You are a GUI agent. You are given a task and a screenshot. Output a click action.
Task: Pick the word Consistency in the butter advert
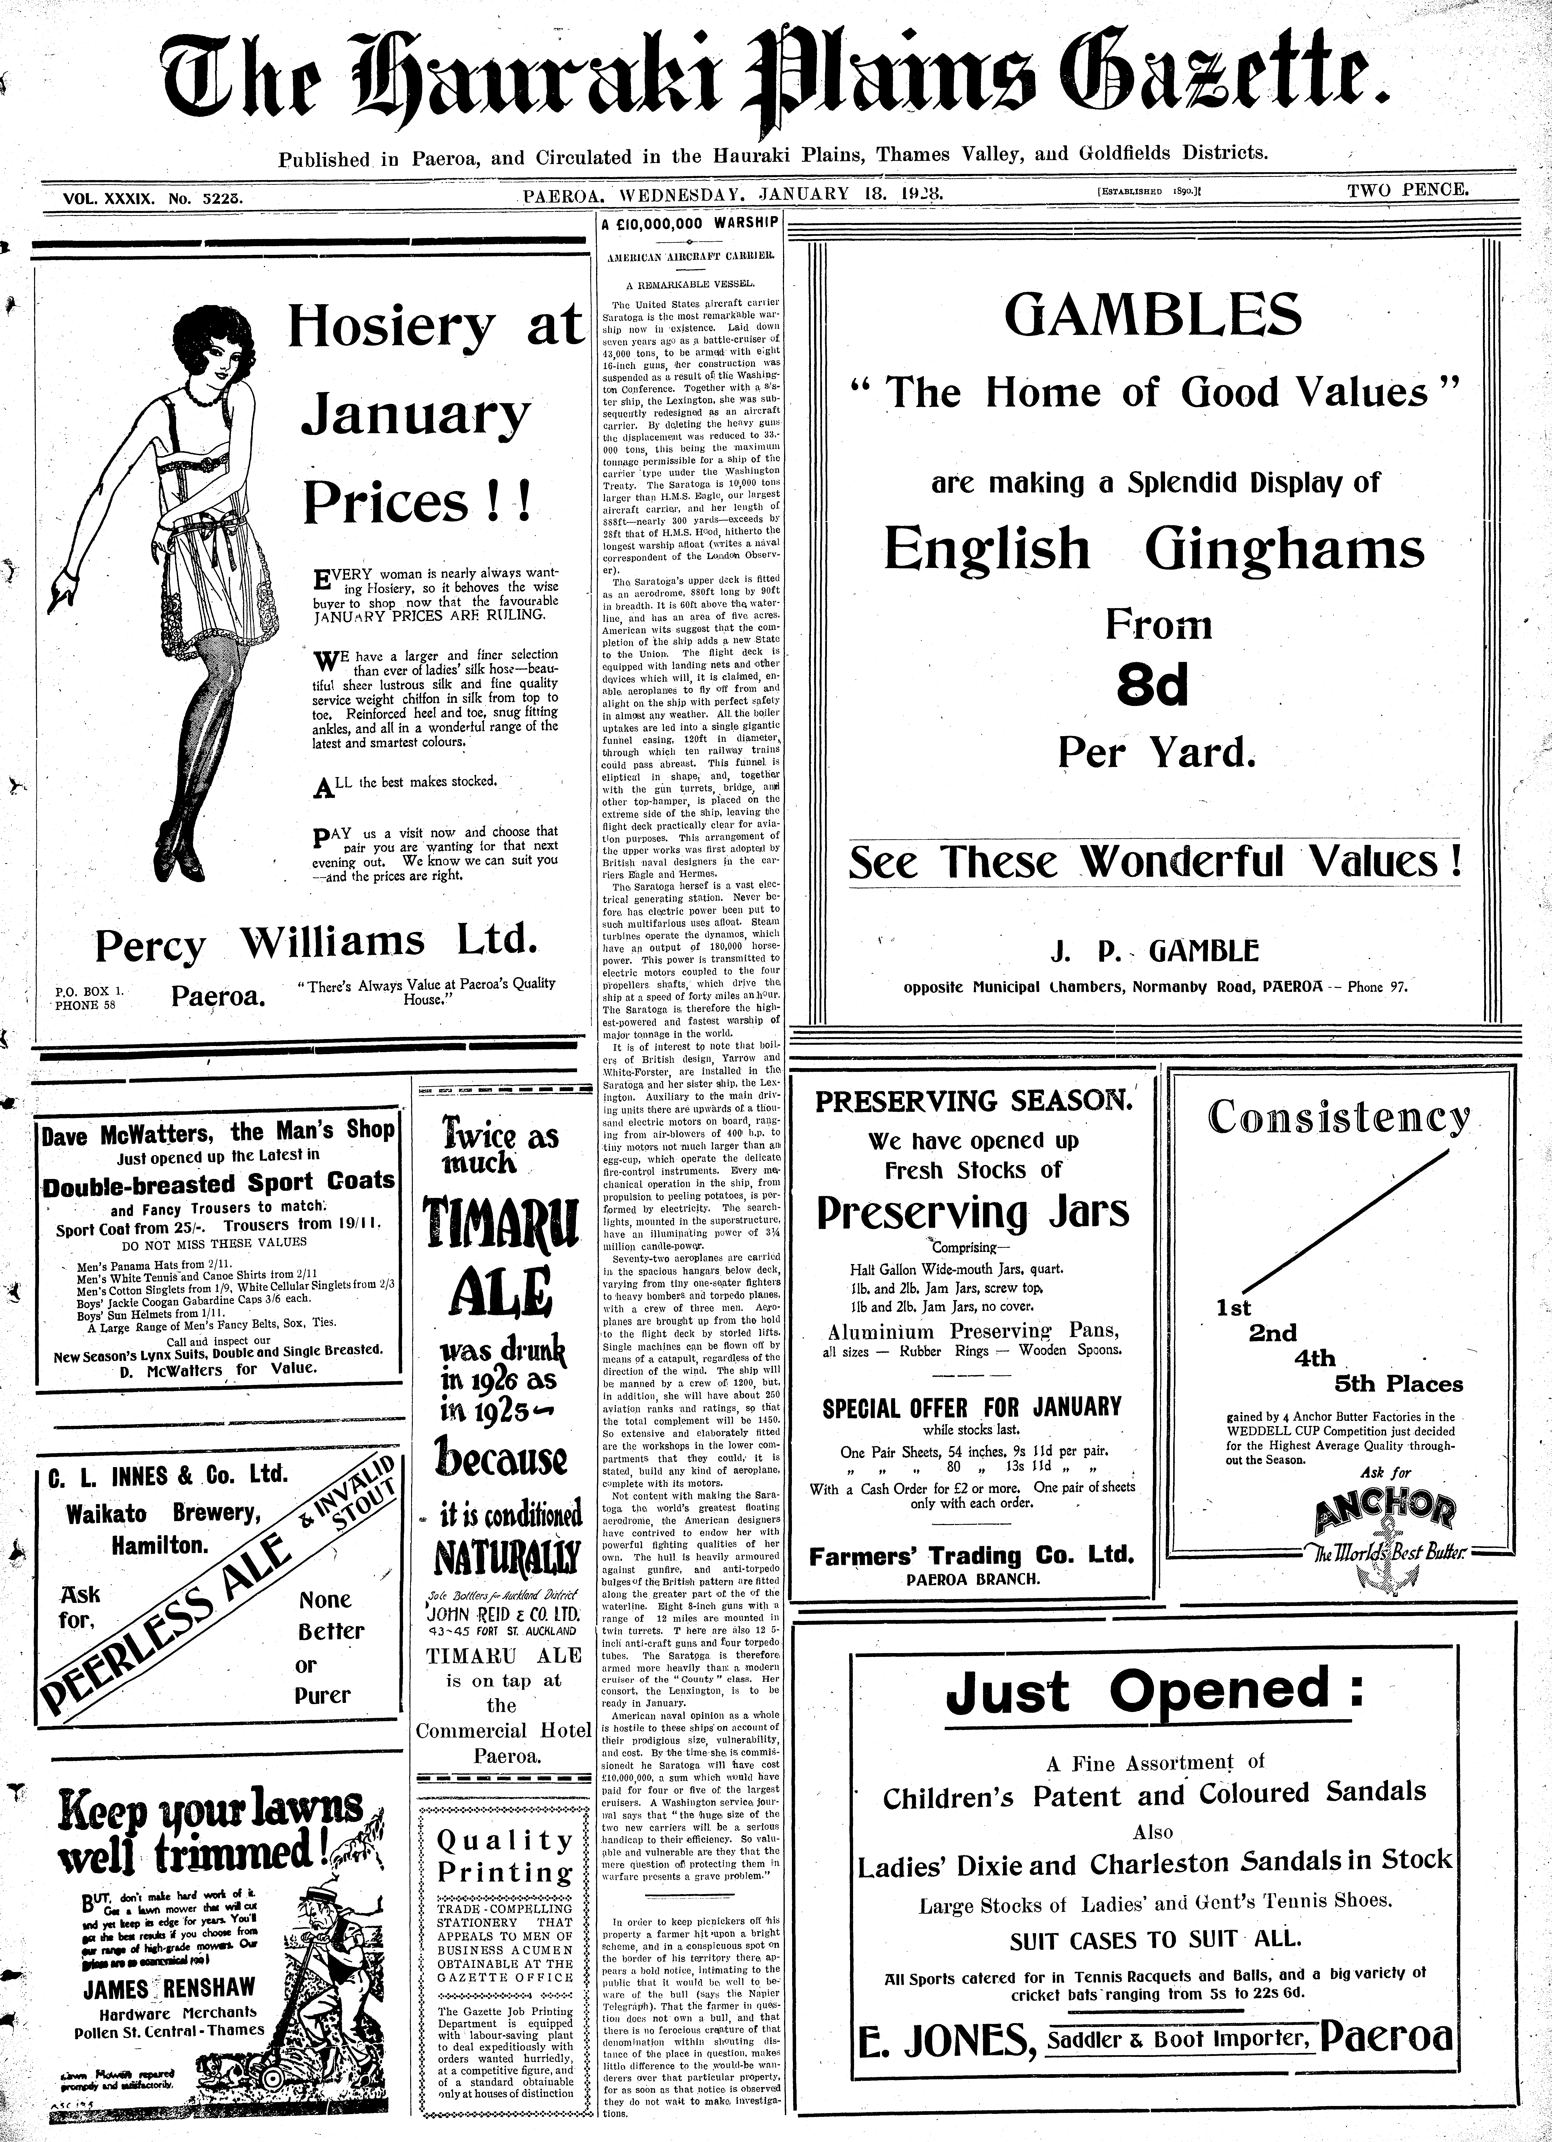point(1339,1117)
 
